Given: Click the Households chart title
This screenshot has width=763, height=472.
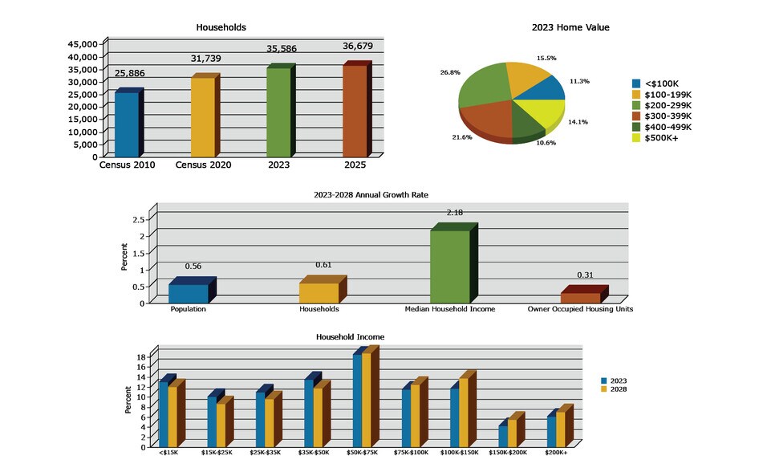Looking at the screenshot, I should tap(221, 27).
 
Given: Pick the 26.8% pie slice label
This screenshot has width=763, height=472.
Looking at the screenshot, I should tap(449, 72).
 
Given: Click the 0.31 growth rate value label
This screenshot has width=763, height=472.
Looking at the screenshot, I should tap(585, 275).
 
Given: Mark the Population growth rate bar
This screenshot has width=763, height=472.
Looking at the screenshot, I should tap(189, 293).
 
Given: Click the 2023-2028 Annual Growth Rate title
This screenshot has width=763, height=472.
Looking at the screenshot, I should tap(381, 194).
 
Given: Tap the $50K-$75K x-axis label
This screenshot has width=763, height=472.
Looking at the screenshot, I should tap(363, 453).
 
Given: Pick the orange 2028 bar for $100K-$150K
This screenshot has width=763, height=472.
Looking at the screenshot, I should tap(463, 411).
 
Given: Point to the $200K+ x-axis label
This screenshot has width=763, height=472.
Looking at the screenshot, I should tap(556, 453).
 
